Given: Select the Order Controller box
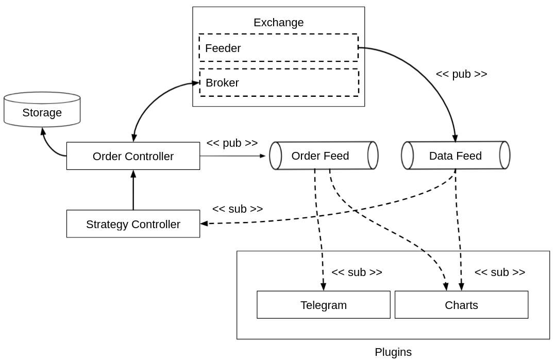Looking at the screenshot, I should coord(133,156).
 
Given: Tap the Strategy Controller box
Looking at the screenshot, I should coord(133,224).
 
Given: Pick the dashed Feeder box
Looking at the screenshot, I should coord(279,48).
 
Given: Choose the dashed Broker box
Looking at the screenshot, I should coord(279,82).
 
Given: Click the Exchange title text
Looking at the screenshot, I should coord(278,23).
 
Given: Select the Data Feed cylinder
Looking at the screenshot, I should coord(456,156).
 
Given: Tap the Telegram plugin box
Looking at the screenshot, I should coord(324,305).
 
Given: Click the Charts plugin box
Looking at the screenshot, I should coord(461,305).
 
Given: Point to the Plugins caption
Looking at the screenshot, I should coord(393,352).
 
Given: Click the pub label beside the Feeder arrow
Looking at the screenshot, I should coord(461,74).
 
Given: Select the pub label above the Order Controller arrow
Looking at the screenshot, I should coord(232,143).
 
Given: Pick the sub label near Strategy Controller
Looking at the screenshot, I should coord(238,209).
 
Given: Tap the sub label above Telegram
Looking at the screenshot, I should coord(357,272).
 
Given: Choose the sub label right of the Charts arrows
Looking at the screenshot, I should coord(499,272).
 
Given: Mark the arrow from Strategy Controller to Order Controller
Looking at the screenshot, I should coord(133,191).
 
